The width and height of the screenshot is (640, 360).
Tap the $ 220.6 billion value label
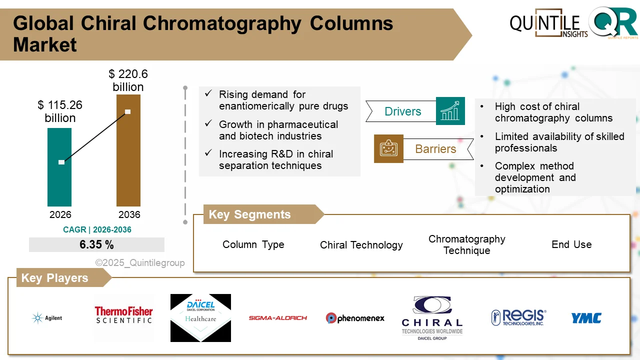pos(128,80)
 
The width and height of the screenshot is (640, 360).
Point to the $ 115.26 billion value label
pos(60,111)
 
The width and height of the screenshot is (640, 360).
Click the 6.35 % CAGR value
pos(96,244)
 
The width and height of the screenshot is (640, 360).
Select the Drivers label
pos(402,111)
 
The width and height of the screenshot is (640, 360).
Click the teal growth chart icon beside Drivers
pos(450,111)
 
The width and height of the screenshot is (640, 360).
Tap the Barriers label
pos(435,149)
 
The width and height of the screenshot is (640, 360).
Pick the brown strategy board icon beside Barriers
pos(388,148)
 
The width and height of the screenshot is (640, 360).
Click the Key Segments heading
pos(249,214)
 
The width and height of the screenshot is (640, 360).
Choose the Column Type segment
pos(253,244)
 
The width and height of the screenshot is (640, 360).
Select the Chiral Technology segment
pos(361,245)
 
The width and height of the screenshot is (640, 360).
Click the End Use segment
pos(571,244)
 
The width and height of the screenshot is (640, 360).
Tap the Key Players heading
pos(54,278)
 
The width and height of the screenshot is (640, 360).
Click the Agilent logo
pos(47,318)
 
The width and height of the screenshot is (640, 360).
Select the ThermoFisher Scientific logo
pos(123,315)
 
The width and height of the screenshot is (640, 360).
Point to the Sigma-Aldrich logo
pos(278,318)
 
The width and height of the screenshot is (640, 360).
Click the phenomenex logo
pos(355,318)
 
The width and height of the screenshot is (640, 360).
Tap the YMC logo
pos(586,318)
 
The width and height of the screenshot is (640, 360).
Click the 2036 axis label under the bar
pos(129,214)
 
